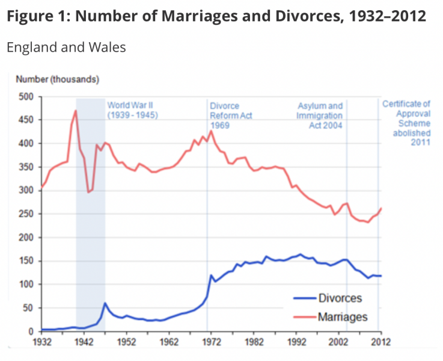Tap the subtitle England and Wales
66,48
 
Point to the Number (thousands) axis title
58,79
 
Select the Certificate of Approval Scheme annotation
406,123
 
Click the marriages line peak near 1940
76,111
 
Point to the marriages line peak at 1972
211,131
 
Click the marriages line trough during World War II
88,192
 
